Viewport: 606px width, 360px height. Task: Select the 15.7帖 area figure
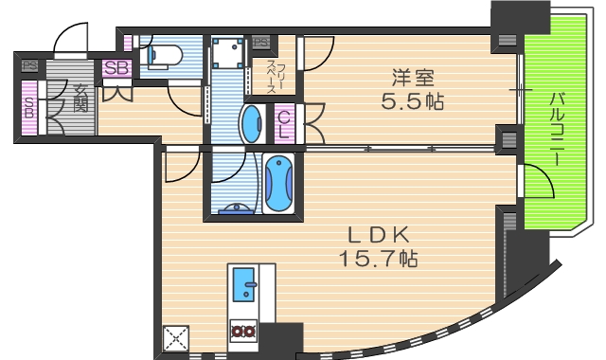[378, 256]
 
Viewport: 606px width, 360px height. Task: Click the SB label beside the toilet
[116, 68]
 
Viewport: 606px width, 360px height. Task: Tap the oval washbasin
[251, 123]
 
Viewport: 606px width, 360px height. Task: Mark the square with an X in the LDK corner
[176, 338]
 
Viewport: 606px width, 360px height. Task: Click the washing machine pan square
[226, 53]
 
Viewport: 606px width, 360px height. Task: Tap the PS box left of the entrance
[29, 66]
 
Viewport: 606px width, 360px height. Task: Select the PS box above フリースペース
[261, 42]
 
